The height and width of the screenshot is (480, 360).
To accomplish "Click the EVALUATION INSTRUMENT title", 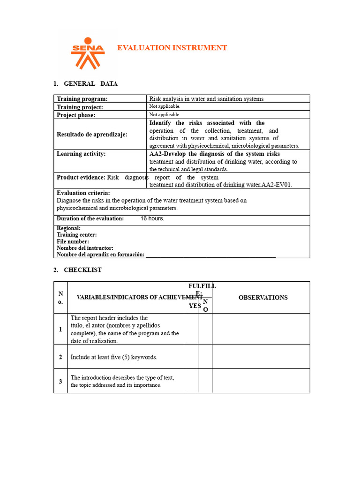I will point(172,48).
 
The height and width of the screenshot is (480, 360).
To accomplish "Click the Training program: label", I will point(82,99).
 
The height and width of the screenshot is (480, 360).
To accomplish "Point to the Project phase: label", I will point(76,115).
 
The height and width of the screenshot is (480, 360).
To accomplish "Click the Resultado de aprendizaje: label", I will point(92,135).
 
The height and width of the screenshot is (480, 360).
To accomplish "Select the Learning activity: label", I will point(81,154).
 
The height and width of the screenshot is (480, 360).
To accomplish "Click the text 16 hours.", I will point(152,219).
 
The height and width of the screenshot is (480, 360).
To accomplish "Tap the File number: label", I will point(73,241).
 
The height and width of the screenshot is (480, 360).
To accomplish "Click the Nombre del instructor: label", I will point(85,248).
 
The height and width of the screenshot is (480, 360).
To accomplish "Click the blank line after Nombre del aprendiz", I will point(211,255).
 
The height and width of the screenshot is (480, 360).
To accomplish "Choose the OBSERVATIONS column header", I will point(263,298).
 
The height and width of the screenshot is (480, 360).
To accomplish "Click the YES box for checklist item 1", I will point(191,329).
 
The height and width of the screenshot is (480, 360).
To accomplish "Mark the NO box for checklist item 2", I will point(205,357).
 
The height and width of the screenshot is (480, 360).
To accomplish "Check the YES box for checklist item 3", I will point(191,381).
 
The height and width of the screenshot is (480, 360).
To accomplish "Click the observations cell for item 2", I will point(261,357).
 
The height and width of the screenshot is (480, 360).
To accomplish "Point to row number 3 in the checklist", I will point(60,381).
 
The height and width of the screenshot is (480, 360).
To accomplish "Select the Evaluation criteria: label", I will point(83,193).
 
